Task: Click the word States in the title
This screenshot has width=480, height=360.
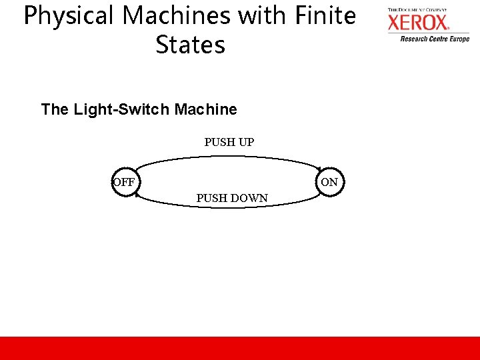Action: coord(190,45)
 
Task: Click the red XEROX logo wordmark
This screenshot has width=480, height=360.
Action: coord(418,23)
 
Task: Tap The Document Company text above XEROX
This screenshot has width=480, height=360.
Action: coord(417,10)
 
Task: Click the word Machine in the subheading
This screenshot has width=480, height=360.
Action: coord(205,109)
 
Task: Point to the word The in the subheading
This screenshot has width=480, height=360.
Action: coord(55,109)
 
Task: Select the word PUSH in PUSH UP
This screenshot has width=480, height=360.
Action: coord(219,142)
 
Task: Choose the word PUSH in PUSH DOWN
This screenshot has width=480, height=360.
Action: coord(211,198)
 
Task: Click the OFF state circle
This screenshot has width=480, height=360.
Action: coord(124,182)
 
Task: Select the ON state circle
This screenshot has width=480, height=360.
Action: coord(329,182)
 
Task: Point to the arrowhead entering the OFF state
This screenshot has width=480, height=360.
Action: coord(137,195)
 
